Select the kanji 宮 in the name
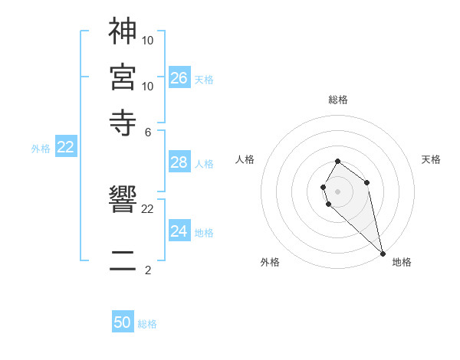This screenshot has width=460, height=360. tap(123, 77)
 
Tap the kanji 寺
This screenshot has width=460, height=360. tap(123, 122)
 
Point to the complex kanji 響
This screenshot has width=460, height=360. tap(123, 202)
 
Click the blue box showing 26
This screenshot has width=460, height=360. tap(179, 77)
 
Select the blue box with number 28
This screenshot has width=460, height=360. tap(179, 162)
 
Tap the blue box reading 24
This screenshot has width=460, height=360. tap(179, 231)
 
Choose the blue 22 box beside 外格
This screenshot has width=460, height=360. tap(65, 148)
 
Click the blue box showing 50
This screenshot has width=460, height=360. tap(123, 322)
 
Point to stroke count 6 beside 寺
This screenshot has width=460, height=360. tap(148, 132)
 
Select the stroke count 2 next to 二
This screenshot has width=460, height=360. tap(148, 270)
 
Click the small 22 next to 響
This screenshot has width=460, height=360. tap(148, 208)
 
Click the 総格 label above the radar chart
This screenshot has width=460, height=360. tap(338, 100)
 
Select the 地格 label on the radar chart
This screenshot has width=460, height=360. tap(402, 262)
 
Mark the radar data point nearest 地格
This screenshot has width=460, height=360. tap(383, 254)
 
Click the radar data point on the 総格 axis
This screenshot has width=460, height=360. tap(338, 162)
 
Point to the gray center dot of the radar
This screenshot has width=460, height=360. tap(338, 191)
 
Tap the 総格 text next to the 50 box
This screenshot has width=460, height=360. tap(147, 324)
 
